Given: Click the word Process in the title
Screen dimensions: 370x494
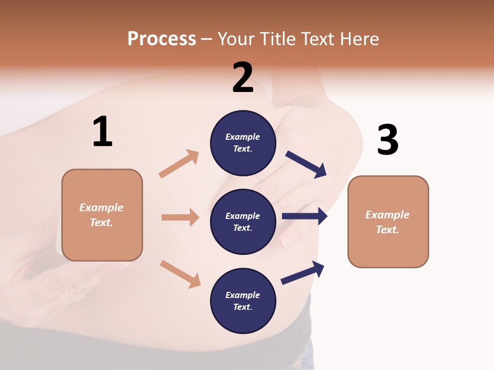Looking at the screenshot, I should click(162, 39).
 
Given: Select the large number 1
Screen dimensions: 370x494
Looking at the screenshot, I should click(102, 132).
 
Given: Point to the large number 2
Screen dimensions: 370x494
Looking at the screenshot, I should click(243, 78).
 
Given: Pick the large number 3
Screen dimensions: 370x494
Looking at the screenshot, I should click(387, 140).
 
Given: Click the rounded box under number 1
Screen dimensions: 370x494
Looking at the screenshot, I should click(102, 215).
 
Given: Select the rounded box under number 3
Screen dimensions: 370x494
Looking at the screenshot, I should click(388, 221).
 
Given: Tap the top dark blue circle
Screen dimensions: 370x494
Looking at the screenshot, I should click(243, 143).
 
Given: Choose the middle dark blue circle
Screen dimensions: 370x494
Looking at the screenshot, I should click(243, 221).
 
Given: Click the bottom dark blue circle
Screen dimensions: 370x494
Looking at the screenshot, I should click(243, 301).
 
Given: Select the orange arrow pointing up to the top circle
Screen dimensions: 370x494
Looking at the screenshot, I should click(179, 164).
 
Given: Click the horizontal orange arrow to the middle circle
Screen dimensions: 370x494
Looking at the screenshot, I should click(180, 217).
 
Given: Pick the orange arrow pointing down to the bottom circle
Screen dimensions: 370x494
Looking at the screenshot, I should click(180, 274).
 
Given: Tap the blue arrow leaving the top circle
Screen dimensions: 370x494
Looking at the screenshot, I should click(306, 164).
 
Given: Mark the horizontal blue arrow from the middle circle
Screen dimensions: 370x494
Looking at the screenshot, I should click(304, 216).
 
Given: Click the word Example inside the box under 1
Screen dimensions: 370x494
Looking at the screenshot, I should click(101, 208).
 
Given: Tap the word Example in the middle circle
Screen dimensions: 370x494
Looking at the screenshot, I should click(242, 216).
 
